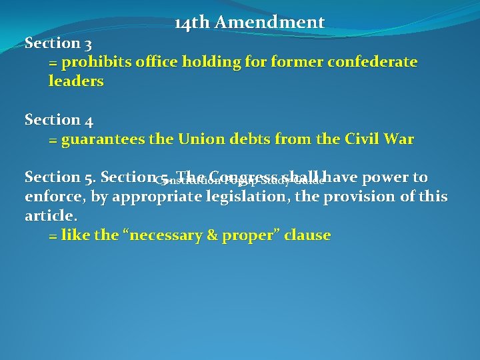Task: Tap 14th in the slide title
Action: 192,23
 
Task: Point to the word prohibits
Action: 95,63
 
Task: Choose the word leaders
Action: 76,81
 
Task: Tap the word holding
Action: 199,63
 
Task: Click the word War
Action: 399,140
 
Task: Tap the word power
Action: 387,177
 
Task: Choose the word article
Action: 51,216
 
